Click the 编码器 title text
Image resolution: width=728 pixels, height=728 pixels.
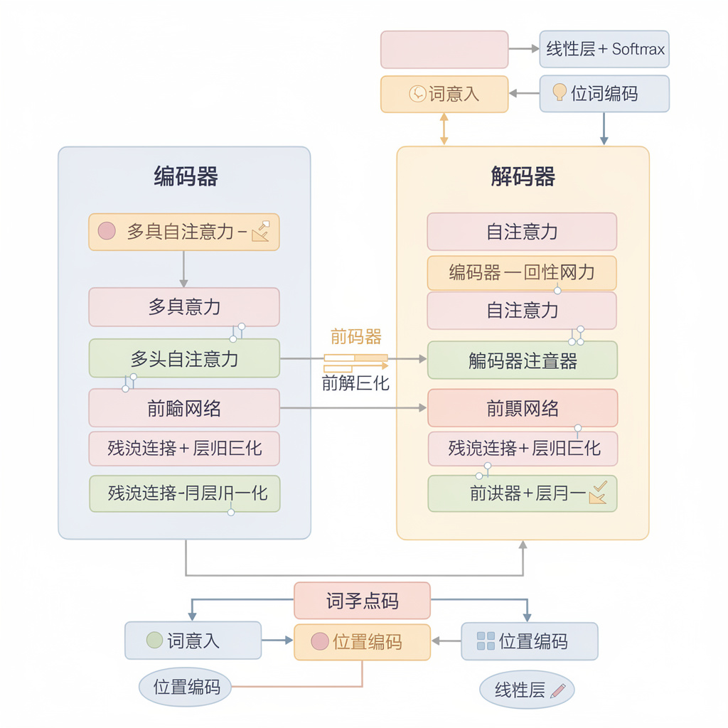coord(186,176)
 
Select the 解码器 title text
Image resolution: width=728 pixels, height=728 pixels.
coord(523,176)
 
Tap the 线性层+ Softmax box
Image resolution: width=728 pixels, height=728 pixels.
coord(604,49)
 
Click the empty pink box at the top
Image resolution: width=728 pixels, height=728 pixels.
coord(444,49)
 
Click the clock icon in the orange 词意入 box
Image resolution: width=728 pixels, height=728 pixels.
coord(417,93)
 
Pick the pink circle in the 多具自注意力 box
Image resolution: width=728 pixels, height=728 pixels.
coord(106,231)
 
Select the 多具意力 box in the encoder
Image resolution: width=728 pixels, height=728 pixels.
coord(184,307)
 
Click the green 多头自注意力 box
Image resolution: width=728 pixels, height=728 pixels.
coord(184,358)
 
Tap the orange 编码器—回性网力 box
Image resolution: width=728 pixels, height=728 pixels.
coord(522,273)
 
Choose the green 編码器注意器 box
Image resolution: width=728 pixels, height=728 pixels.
coord(522,360)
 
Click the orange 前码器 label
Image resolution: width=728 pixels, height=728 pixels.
coord(355,337)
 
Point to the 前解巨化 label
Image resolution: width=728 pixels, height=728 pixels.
coord(355,383)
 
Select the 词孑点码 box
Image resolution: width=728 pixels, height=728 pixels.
coord(362,601)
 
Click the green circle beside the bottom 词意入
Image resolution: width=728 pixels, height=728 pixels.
coord(154,640)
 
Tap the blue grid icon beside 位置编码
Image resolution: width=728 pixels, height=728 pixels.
coord(486,641)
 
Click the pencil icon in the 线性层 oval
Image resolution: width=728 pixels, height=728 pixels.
coord(557,690)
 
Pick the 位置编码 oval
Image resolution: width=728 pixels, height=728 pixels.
coord(186,687)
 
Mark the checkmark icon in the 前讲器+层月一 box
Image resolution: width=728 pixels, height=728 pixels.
coord(598,493)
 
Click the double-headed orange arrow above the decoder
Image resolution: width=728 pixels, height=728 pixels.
coord(444,129)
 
